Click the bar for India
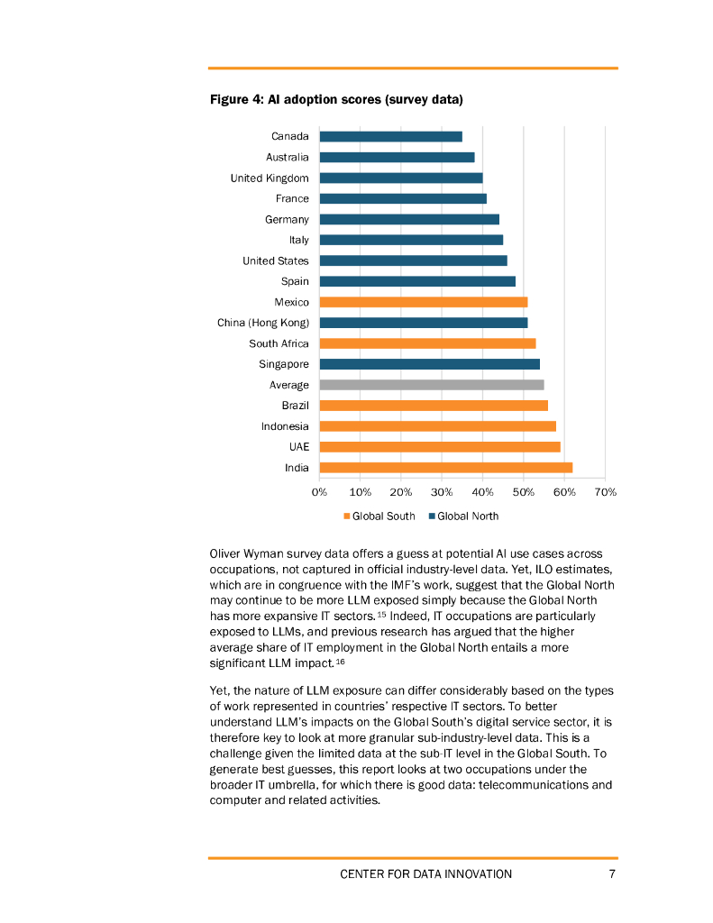click(x=445, y=468)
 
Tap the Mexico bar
click(x=423, y=302)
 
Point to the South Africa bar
click(x=427, y=343)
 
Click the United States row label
click(x=275, y=260)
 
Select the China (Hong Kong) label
click(x=262, y=323)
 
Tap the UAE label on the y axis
click(x=298, y=447)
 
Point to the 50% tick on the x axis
click(x=524, y=492)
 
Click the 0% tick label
click(x=319, y=492)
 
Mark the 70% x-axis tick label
click(x=605, y=492)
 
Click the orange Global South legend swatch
click(x=345, y=516)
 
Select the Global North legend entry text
click(x=467, y=516)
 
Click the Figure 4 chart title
click(x=336, y=99)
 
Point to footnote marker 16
click(x=340, y=662)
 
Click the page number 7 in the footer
click(x=612, y=873)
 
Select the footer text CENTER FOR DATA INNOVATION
click(x=425, y=873)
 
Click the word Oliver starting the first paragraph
click(x=227, y=553)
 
